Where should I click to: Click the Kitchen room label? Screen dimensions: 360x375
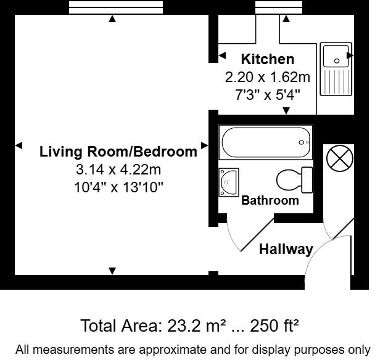267,60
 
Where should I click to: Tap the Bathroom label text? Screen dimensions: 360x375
270,200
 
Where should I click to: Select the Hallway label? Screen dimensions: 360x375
286,249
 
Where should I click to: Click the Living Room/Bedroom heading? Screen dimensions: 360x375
118,151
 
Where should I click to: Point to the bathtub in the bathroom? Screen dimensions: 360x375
266,142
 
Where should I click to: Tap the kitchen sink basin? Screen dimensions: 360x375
336,56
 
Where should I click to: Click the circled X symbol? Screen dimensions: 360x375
339,158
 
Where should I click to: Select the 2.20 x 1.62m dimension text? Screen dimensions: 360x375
267,78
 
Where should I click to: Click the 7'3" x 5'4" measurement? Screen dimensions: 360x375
267,96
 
